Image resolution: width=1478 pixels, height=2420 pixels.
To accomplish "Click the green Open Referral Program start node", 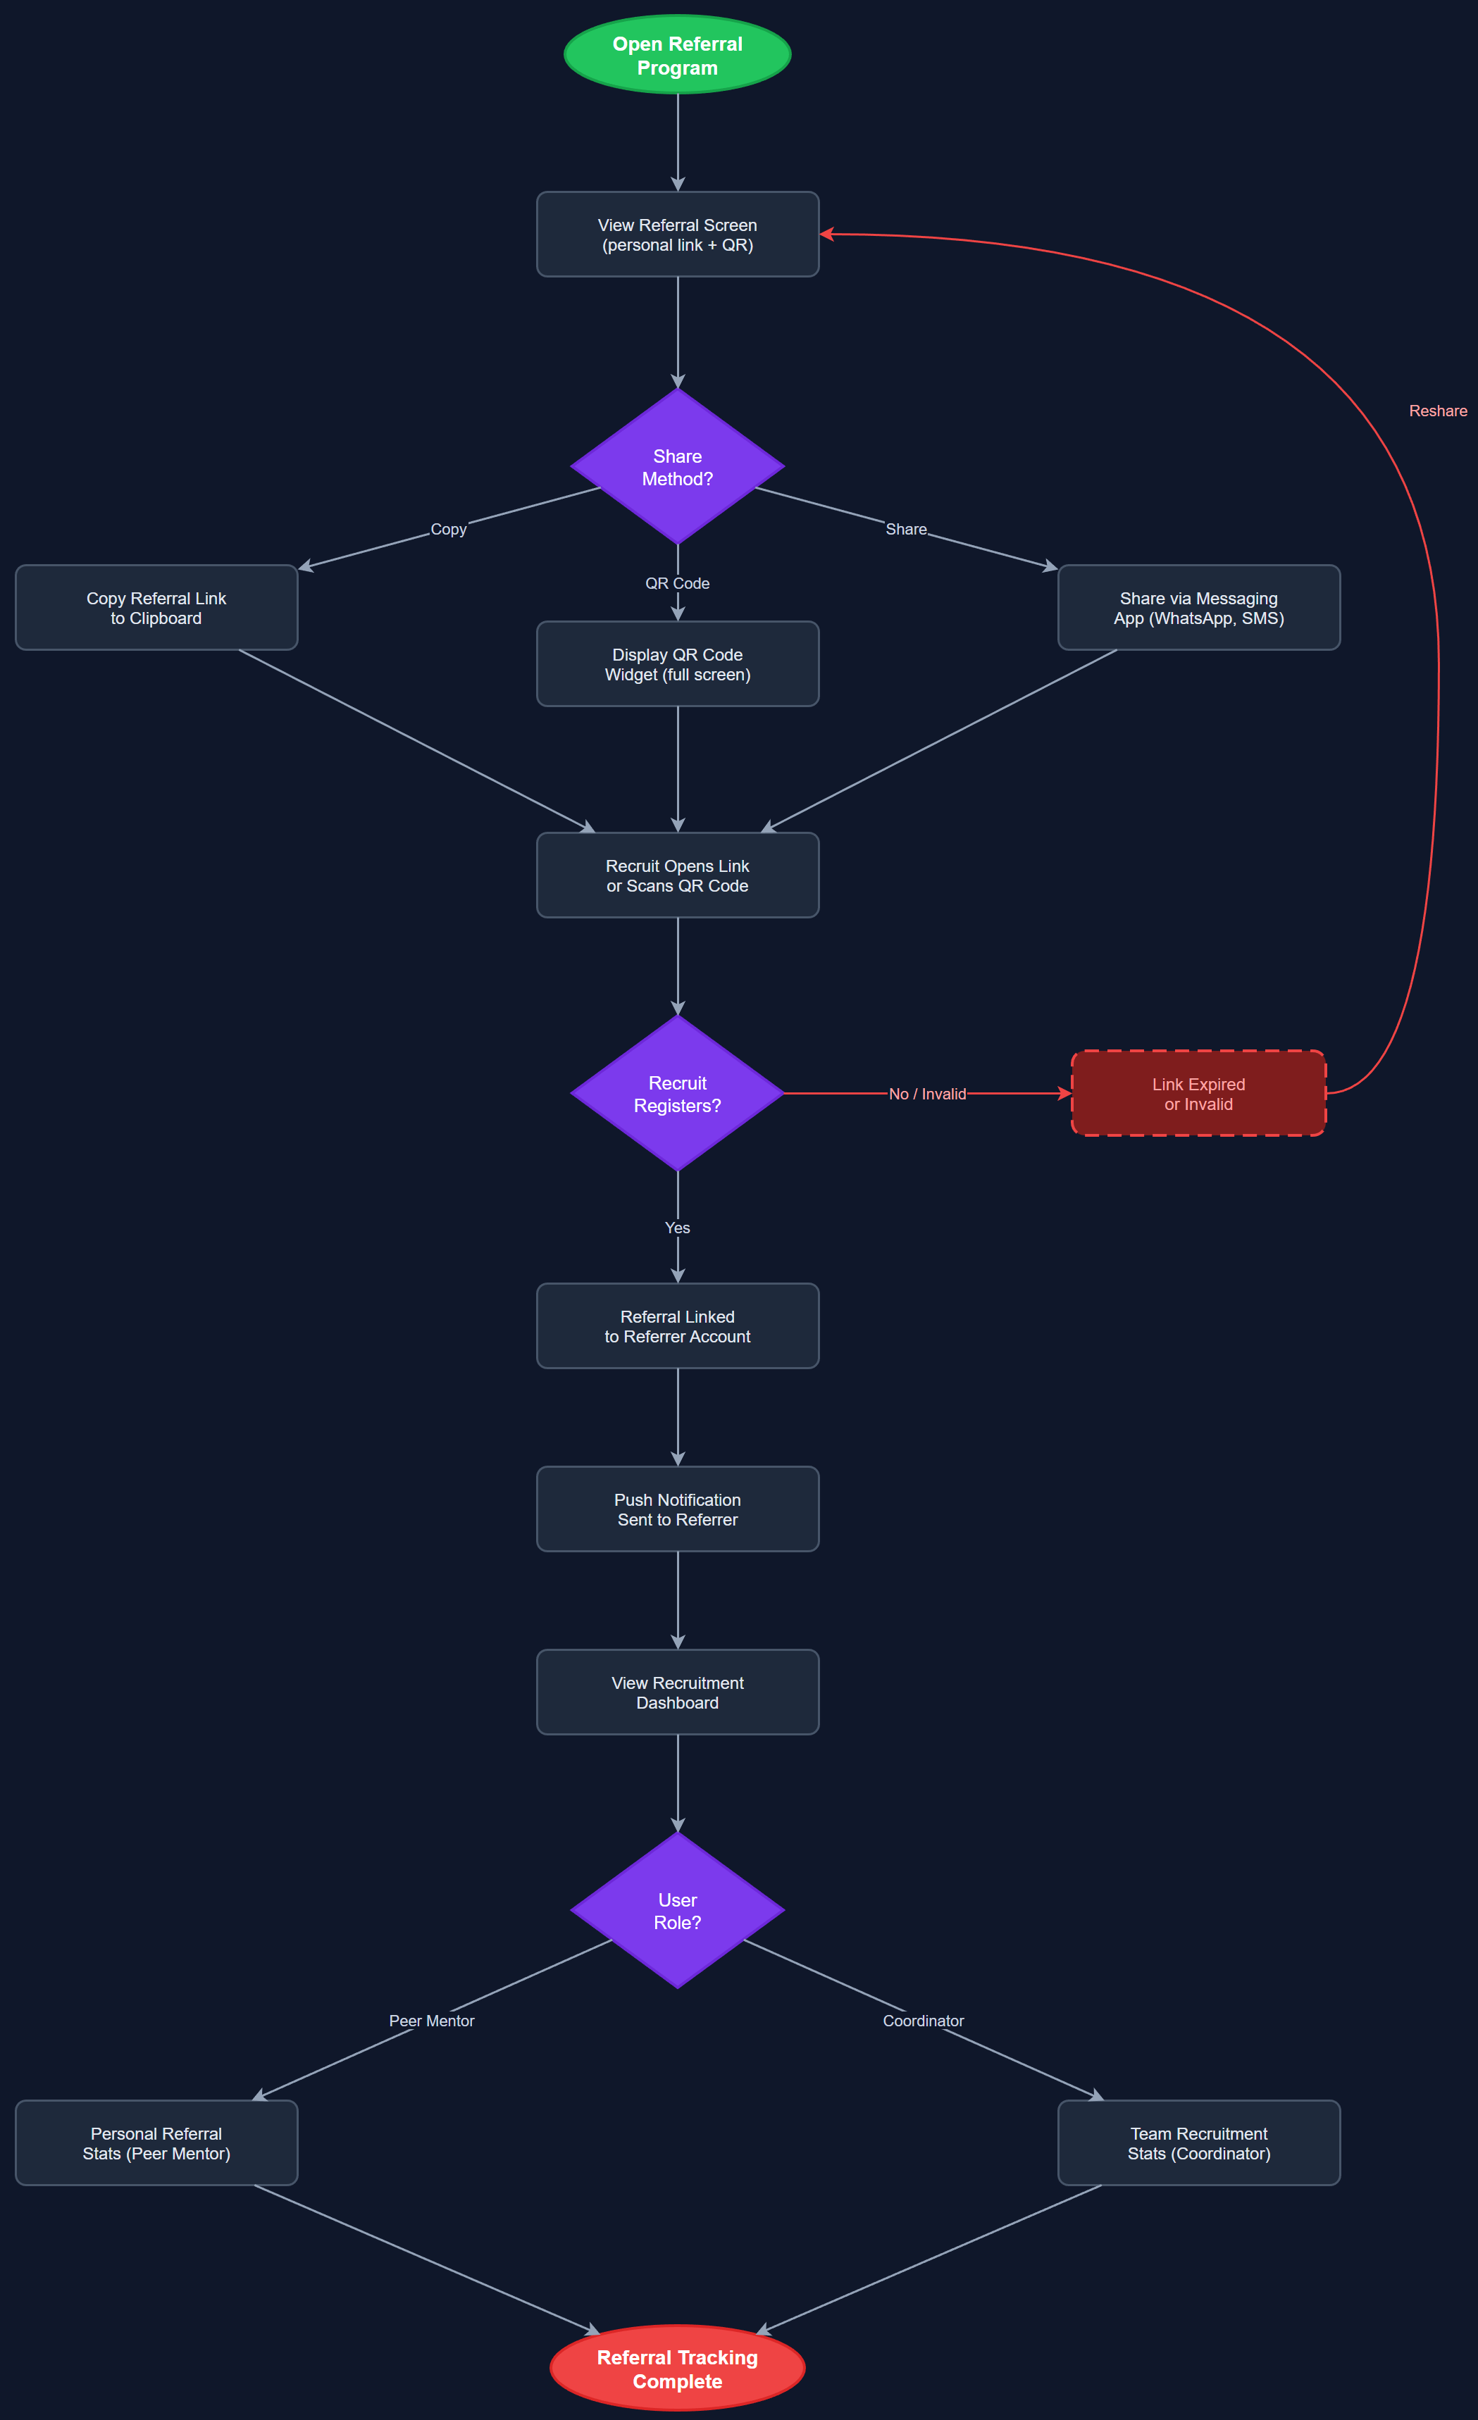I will point(678,55).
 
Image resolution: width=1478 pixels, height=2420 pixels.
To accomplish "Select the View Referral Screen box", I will point(678,235).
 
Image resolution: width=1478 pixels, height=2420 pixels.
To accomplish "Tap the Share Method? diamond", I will point(678,466).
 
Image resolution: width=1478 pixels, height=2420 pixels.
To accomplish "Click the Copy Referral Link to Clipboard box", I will point(156,608).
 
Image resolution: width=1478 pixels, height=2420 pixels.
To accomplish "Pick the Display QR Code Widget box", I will point(678,664).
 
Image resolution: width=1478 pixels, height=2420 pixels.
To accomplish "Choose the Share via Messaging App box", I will point(1198,608).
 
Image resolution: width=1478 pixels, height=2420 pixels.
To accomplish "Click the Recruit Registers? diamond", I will point(678,1093).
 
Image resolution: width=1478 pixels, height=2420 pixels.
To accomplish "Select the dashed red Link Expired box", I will point(1198,1093).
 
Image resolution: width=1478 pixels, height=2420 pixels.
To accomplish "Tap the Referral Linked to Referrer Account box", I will point(678,1326).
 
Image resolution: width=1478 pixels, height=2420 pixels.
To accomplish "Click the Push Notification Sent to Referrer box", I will point(678,1509).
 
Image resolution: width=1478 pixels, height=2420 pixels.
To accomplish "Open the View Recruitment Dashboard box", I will point(678,1692).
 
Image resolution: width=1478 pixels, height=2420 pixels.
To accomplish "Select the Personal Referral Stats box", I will point(156,2143).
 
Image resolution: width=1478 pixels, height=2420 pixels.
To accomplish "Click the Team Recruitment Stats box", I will point(1198,2143).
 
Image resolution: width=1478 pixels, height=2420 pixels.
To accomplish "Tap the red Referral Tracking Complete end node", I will point(678,2368).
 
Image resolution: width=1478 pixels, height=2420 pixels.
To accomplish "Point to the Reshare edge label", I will point(1438,411).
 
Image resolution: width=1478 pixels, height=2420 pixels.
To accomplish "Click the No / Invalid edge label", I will point(927,1093).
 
